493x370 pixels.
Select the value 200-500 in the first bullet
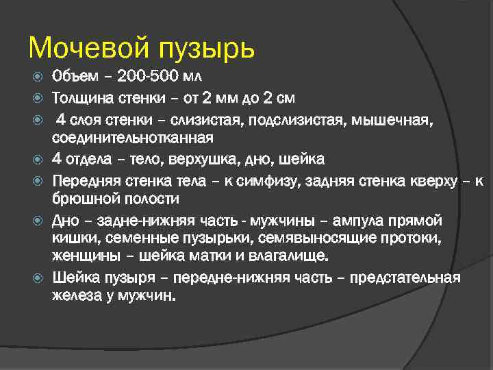(147, 75)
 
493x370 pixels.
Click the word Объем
(75, 75)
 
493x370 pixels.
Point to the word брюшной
(86, 200)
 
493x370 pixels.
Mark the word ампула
(360, 221)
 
